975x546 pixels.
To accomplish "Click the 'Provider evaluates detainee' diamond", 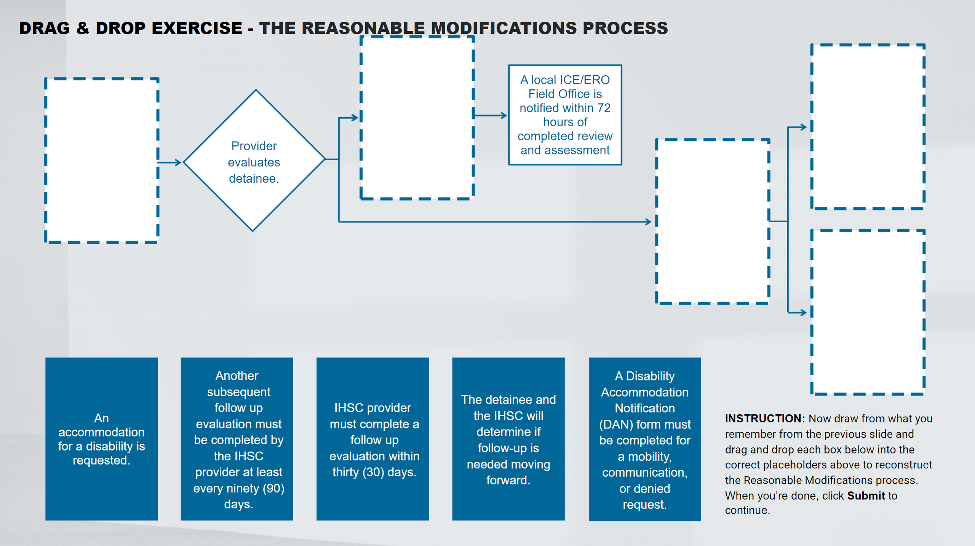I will point(254,161).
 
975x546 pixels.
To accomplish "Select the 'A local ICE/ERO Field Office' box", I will point(565,115).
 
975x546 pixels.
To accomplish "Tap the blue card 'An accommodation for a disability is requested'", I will point(101,439).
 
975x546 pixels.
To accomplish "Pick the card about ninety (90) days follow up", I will point(237,439).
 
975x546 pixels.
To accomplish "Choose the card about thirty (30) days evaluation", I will point(372,439).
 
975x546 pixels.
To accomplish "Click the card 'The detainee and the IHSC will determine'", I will point(508,439).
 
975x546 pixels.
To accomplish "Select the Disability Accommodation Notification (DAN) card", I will point(644,439).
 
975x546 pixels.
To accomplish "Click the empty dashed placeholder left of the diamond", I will point(102,161).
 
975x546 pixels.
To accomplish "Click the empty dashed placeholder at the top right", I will point(868,127).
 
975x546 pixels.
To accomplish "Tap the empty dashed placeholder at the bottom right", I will point(868,312).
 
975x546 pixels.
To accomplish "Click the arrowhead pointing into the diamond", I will point(177,162).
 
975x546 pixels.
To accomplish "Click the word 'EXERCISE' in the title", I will point(197,28).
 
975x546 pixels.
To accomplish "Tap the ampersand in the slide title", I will point(83,28).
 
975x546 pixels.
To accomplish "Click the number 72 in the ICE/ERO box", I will point(604,108).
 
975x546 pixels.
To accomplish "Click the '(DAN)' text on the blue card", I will point(613,424).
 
